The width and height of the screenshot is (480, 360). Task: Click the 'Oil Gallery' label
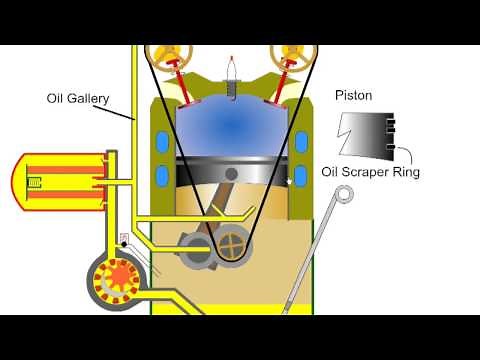78,99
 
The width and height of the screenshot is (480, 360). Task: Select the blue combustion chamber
232,125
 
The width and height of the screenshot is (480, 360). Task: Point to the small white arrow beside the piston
291,181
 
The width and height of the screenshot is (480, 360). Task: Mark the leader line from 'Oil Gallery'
122,110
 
